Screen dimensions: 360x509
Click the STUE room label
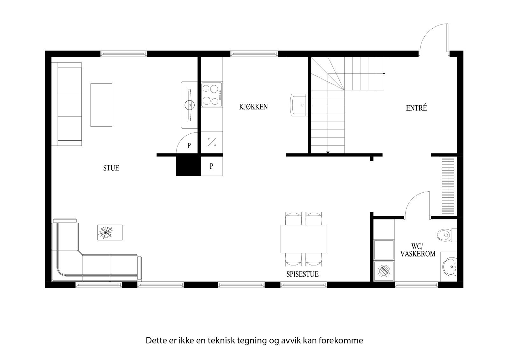click(x=111, y=168)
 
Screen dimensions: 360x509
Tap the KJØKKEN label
click(x=253, y=107)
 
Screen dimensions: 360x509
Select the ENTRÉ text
click(x=416, y=108)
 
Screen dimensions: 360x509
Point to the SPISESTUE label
click(x=302, y=274)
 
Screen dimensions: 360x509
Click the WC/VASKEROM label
click(x=418, y=250)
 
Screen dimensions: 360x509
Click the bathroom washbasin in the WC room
click(x=450, y=266)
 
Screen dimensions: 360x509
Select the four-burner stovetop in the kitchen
click(x=212, y=95)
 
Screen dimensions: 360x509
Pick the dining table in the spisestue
click(x=303, y=239)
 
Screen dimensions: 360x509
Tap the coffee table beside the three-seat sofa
click(x=101, y=105)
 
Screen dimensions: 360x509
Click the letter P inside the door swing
click(x=189, y=146)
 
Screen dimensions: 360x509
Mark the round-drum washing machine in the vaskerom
click(x=383, y=271)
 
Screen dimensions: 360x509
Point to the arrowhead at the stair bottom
click(x=328, y=153)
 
